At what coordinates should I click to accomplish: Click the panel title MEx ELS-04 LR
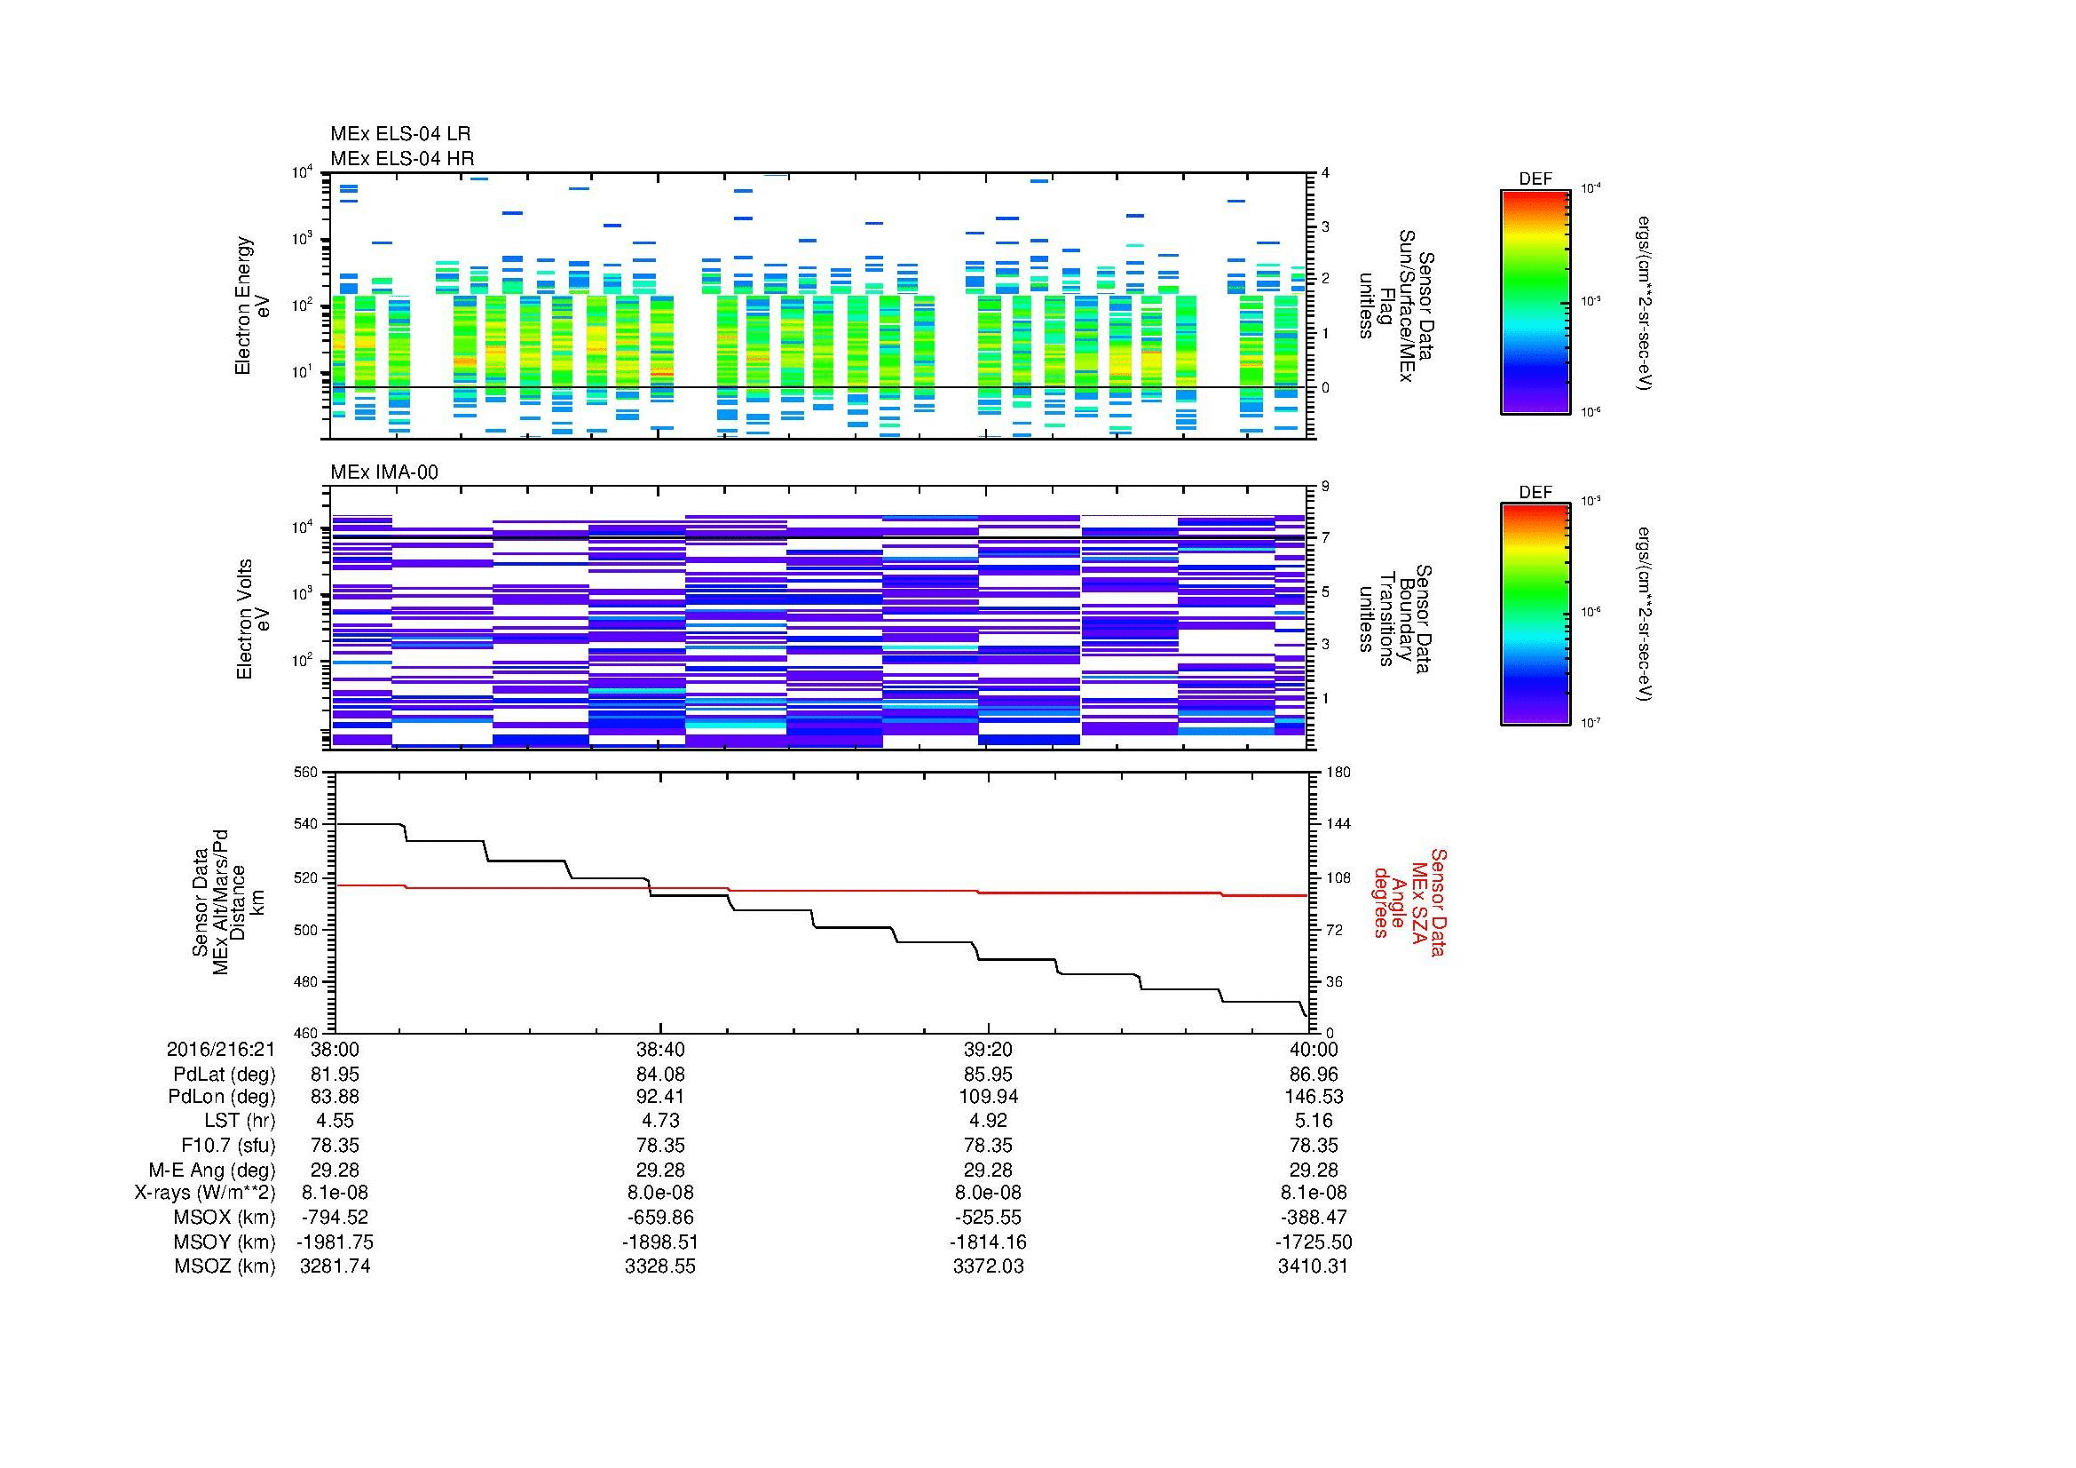(x=399, y=134)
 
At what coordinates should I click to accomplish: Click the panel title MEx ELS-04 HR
(x=401, y=158)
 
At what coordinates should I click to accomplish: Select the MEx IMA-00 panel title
(x=383, y=472)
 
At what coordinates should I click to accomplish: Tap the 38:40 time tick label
(x=660, y=1049)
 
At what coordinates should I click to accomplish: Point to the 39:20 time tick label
(x=988, y=1049)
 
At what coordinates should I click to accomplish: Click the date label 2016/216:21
(x=221, y=1049)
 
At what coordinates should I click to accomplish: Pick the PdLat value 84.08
(x=660, y=1075)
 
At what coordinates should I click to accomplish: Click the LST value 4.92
(x=988, y=1121)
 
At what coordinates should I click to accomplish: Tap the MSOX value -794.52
(x=335, y=1218)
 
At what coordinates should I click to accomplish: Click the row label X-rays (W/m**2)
(x=205, y=1193)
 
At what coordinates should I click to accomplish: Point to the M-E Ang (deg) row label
(x=212, y=1170)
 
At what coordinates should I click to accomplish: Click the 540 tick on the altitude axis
(x=309, y=824)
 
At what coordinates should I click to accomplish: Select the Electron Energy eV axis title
(x=252, y=306)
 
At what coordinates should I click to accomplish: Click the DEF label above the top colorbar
(x=1535, y=179)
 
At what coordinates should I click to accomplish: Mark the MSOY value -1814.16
(x=988, y=1242)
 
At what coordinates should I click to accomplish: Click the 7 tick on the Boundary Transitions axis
(x=1325, y=538)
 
